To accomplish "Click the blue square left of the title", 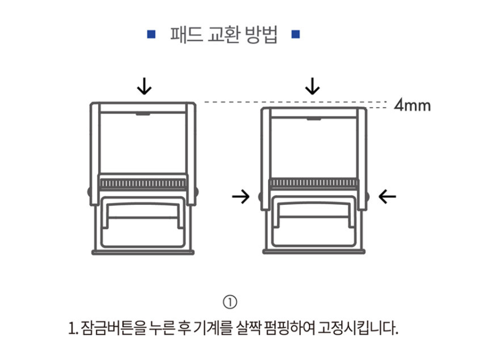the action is tap(152, 34).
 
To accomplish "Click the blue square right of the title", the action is tap(296, 34).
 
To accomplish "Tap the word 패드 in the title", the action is tap(186, 35).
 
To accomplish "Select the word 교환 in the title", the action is tap(223, 35).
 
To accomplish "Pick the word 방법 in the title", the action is tap(261, 35).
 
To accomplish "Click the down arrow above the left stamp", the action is tap(144, 86).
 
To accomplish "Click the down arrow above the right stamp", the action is tap(313, 86).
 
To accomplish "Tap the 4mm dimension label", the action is tap(413, 105).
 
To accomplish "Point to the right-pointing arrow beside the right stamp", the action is tap(241, 197).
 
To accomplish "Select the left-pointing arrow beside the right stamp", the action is tap(387, 197).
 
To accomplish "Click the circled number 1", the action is tap(230, 302).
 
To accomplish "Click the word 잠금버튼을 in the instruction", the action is tap(113, 328).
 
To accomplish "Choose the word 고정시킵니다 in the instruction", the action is tap(358, 328).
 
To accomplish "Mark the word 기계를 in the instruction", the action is tap(213, 328).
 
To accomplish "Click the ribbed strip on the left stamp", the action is tap(143, 183).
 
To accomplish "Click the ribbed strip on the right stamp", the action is tap(314, 183).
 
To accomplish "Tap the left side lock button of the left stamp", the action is tap(89, 192).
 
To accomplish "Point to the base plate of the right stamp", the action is tap(314, 252).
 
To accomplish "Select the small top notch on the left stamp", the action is tap(143, 114).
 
